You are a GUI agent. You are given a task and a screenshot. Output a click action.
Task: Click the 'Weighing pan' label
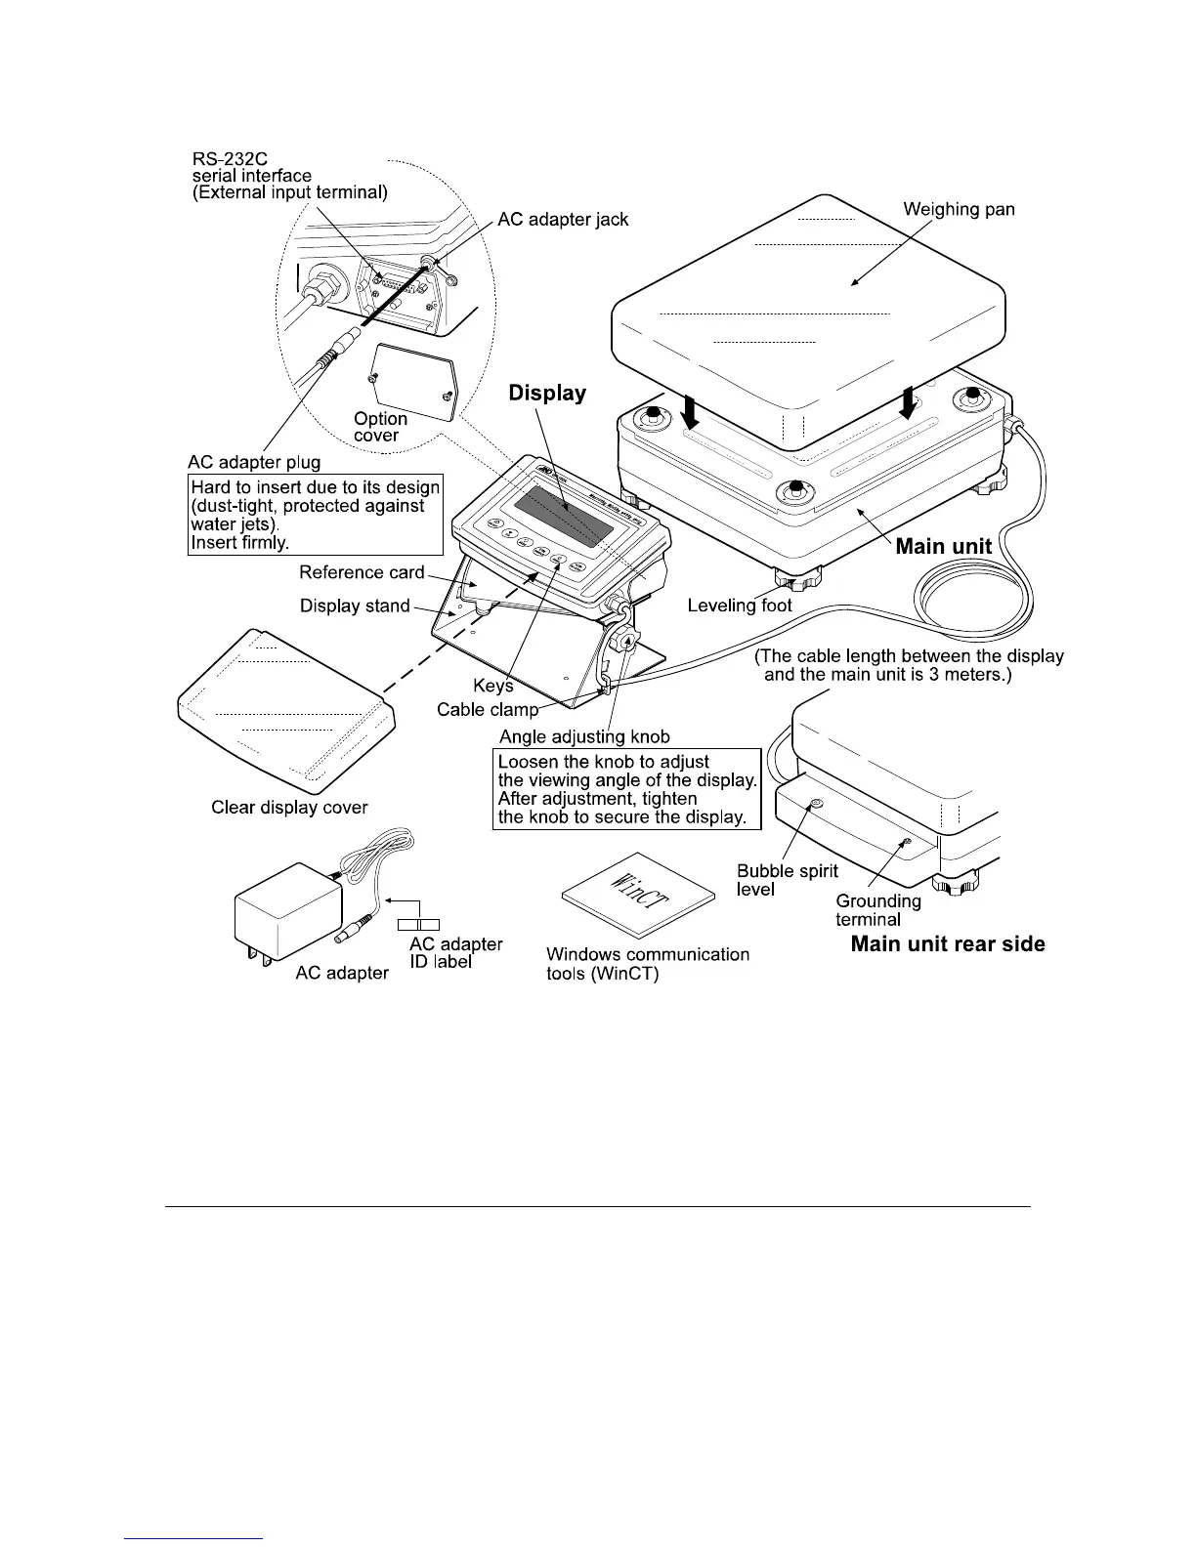click(x=959, y=209)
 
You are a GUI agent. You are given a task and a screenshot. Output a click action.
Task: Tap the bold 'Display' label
click(x=547, y=394)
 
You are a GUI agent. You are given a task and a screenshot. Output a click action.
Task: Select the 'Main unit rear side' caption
click(x=947, y=944)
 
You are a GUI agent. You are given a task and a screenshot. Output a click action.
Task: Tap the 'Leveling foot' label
click(x=740, y=606)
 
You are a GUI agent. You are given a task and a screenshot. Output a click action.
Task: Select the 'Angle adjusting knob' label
click(x=584, y=736)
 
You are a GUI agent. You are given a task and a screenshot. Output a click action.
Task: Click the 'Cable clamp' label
click(x=487, y=710)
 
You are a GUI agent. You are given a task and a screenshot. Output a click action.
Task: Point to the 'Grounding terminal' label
click(x=877, y=909)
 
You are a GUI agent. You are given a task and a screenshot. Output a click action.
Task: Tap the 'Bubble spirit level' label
click(x=787, y=880)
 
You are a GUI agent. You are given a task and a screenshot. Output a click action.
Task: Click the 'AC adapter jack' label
click(x=563, y=220)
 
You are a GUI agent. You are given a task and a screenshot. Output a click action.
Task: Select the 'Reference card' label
click(x=362, y=572)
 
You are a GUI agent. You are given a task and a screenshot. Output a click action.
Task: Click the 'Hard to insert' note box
click(x=315, y=515)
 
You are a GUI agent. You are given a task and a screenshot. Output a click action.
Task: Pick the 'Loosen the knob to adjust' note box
click(x=627, y=789)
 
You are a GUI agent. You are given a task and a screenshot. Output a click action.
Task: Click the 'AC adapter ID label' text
click(x=455, y=953)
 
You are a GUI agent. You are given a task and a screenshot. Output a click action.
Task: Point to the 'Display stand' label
click(x=355, y=606)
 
